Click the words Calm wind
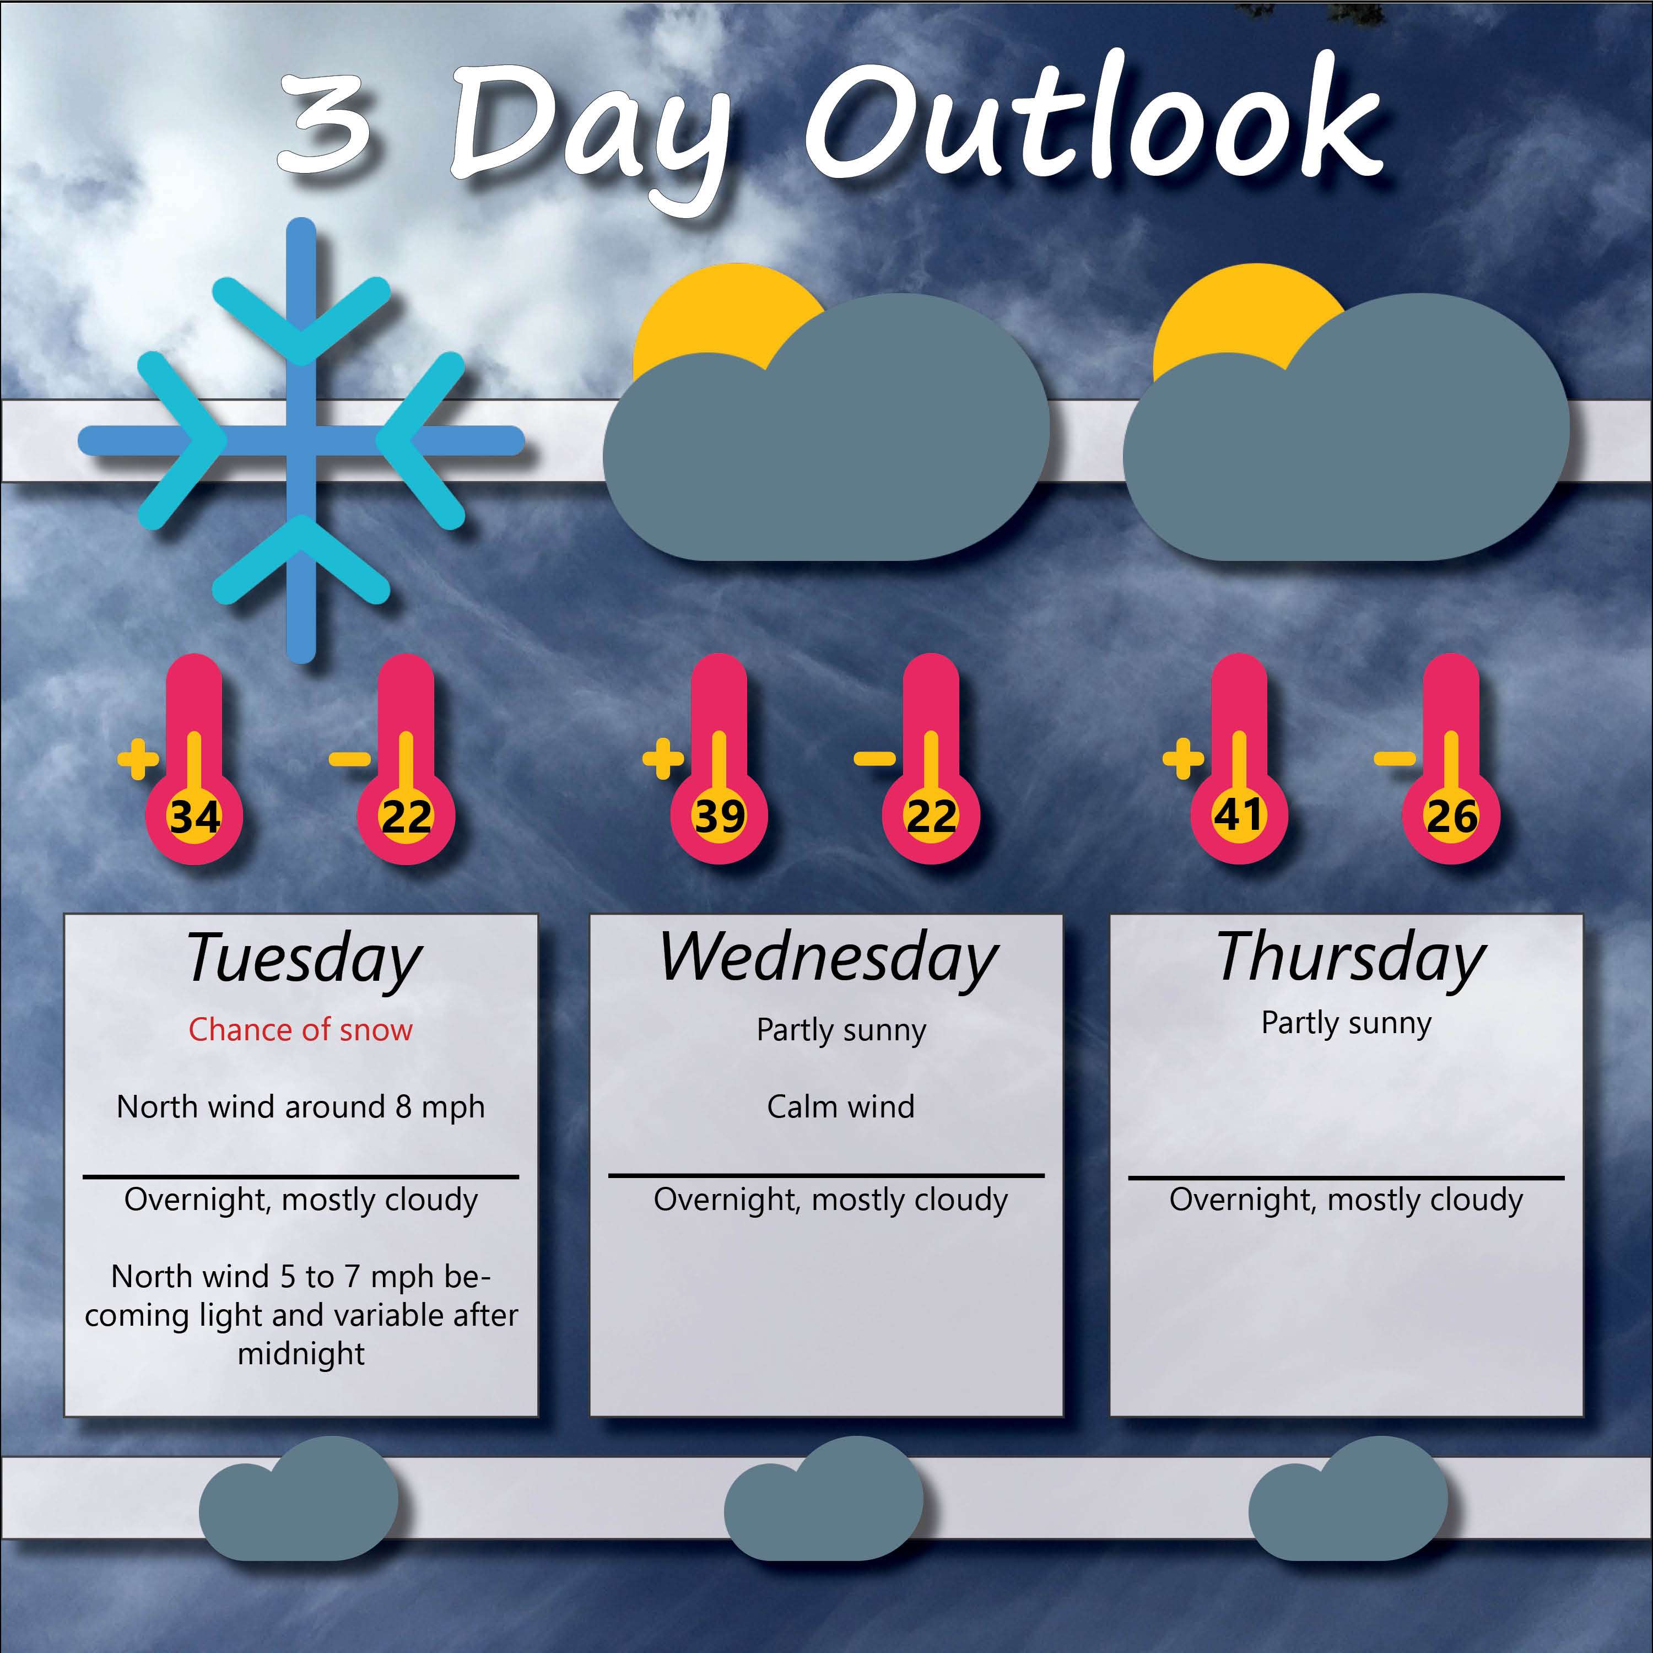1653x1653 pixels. (840, 1106)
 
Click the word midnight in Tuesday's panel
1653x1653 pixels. (301, 1354)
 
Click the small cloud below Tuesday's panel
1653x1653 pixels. (299, 1499)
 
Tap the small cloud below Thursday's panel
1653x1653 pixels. (1348, 1499)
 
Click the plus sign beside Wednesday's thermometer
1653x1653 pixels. (663, 758)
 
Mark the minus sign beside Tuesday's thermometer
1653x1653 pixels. (350, 758)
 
